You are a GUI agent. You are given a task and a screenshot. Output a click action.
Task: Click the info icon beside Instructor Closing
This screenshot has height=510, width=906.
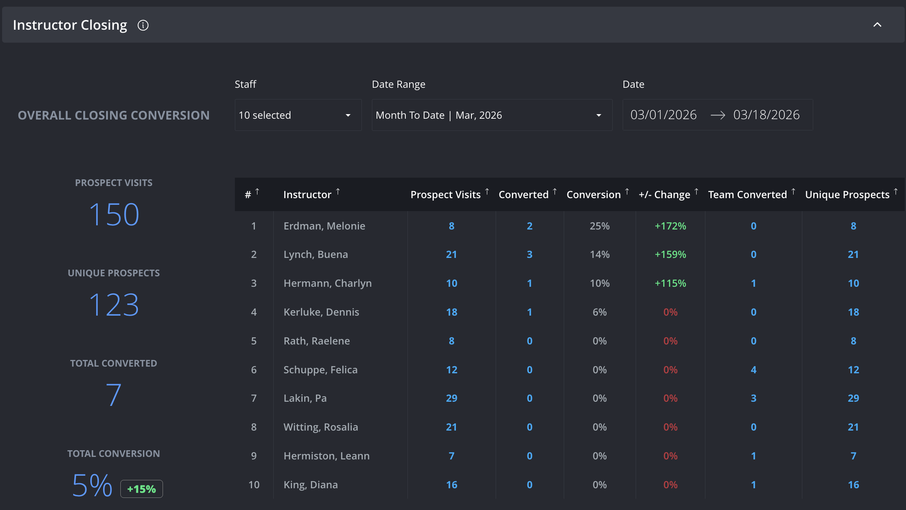tap(143, 25)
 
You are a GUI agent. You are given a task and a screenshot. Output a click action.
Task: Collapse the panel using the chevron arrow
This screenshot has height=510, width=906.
tap(877, 25)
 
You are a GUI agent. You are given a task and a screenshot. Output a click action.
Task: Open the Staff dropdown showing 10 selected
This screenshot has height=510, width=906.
tap(298, 115)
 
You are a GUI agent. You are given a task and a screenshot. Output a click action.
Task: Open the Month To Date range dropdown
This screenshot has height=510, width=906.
tap(492, 115)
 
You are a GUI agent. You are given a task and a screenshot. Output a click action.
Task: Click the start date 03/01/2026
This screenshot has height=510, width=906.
tap(663, 115)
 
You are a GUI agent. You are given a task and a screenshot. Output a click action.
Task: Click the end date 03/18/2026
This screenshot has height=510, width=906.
tap(766, 115)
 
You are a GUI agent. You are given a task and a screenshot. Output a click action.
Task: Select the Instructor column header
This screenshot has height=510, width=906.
tap(307, 194)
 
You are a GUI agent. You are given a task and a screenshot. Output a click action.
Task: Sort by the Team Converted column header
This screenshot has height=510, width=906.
tap(747, 194)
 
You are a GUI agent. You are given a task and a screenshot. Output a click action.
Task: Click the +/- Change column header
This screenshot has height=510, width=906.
tap(664, 194)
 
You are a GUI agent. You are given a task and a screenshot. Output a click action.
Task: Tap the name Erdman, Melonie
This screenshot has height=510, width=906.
tap(324, 226)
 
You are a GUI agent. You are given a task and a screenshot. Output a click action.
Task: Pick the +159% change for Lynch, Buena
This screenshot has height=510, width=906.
tap(670, 254)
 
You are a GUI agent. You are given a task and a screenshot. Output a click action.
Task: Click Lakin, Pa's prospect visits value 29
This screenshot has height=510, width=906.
tap(451, 398)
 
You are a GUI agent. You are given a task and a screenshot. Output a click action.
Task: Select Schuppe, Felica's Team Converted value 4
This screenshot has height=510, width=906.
tap(753, 370)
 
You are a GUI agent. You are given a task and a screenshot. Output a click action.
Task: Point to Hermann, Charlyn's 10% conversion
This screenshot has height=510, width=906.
tap(600, 283)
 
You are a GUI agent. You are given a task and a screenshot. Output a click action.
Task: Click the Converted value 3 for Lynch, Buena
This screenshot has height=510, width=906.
tap(529, 254)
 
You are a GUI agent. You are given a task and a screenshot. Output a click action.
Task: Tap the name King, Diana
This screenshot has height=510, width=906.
tap(310, 484)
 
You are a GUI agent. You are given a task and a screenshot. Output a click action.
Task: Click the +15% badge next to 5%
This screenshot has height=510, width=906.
tap(142, 489)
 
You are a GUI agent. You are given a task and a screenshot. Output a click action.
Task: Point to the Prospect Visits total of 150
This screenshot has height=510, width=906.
tap(114, 214)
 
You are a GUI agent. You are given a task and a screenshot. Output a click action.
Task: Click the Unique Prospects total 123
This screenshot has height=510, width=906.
tap(114, 305)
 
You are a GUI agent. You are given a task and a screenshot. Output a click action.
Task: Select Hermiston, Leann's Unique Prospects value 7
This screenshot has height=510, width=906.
tap(853, 456)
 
